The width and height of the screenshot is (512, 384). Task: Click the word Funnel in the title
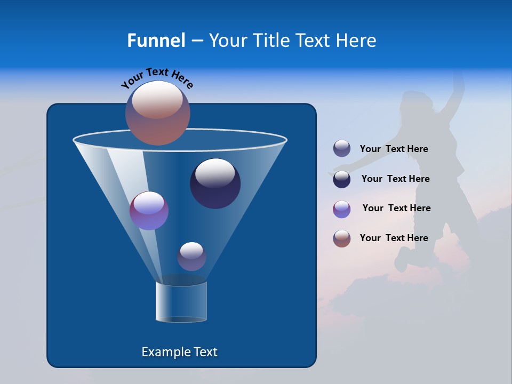(x=156, y=41)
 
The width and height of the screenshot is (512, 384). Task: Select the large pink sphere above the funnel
(x=158, y=114)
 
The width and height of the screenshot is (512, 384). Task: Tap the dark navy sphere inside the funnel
(x=215, y=183)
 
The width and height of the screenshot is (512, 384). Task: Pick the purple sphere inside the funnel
(x=149, y=211)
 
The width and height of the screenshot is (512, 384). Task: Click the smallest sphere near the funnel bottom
(x=191, y=257)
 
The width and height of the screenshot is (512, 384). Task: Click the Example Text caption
(x=179, y=352)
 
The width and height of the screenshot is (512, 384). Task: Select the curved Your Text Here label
(x=157, y=77)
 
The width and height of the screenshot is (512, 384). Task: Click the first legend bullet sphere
(x=342, y=149)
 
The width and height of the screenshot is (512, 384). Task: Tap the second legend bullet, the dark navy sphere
(x=342, y=179)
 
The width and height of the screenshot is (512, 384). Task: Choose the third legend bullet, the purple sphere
(x=342, y=209)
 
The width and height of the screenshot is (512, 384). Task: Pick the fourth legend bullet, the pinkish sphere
(x=342, y=238)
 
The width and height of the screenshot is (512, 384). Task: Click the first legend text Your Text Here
(x=394, y=149)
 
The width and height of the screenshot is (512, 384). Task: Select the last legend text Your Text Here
(x=394, y=238)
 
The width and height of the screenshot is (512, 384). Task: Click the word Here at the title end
(x=357, y=41)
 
